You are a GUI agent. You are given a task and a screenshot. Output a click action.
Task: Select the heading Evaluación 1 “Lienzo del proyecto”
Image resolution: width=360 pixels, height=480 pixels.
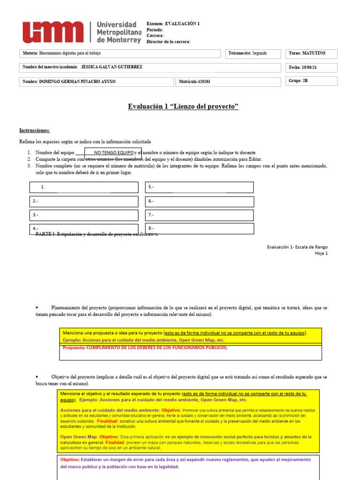pyautogui.click(x=183, y=107)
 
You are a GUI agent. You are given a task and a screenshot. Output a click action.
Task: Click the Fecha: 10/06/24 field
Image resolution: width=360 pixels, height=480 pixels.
pyautogui.click(x=312, y=67)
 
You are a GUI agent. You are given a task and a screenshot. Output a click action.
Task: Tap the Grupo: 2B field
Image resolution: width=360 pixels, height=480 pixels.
pyautogui.click(x=312, y=81)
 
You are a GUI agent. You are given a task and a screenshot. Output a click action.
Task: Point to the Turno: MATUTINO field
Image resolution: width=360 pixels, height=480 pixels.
pyautogui.click(x=312, y=53)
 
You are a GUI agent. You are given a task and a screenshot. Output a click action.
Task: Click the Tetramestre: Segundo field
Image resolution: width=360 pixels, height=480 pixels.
pyautogui.click(x=254, y=53)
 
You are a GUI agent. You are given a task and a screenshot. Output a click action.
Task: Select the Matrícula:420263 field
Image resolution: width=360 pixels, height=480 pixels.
pyautogui.click(x=229, y=82)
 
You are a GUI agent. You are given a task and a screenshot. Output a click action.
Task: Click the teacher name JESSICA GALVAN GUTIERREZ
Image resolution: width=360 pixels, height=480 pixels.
pyautogui.click(x=112, y=67)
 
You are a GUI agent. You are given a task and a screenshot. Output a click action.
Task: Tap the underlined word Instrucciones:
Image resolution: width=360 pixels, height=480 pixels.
pyautogui.click(x=34, y=130)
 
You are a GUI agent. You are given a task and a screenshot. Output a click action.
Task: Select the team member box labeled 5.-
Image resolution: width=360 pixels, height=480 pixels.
pyautogui.click(x=199, y=187)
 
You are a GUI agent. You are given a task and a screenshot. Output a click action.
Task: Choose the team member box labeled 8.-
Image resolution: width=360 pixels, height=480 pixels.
pyautogui.click(x=199, y=228)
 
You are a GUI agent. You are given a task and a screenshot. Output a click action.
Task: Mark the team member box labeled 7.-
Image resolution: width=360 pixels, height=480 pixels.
pyautogui.click(x=199, y=215)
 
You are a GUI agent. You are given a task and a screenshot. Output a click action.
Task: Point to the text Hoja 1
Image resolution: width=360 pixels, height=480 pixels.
pyautogui.click(x=321, y=253)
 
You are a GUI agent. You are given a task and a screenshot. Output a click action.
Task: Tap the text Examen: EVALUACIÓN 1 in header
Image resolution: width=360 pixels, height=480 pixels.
pyautogui.click(x=173, y=23)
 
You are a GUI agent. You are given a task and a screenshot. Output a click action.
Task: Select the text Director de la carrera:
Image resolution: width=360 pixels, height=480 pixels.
pyautogui.click(x=168, y=42)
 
